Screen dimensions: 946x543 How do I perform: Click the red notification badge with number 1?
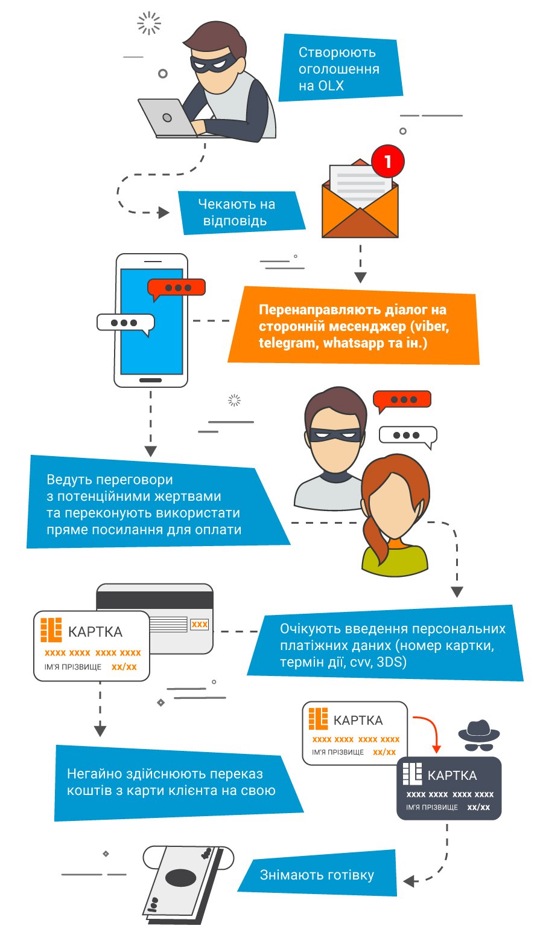(x=387, y=161)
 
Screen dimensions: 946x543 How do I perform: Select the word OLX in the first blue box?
(x=331, y=86)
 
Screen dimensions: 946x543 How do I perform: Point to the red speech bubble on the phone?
(x=176, y=288)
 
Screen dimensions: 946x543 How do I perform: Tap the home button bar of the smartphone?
(x=151, y=380)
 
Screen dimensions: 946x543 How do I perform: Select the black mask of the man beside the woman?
(x=335, y=434)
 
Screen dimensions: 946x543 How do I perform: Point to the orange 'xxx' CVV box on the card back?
(x=200, y=624)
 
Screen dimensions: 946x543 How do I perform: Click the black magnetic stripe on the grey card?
(x=155, y=600)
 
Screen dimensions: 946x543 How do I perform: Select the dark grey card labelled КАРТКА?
(x=449, y=788)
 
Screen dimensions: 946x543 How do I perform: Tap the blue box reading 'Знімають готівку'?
(x=317, y=875)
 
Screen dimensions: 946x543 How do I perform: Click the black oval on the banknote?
(x=181, y=877)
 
